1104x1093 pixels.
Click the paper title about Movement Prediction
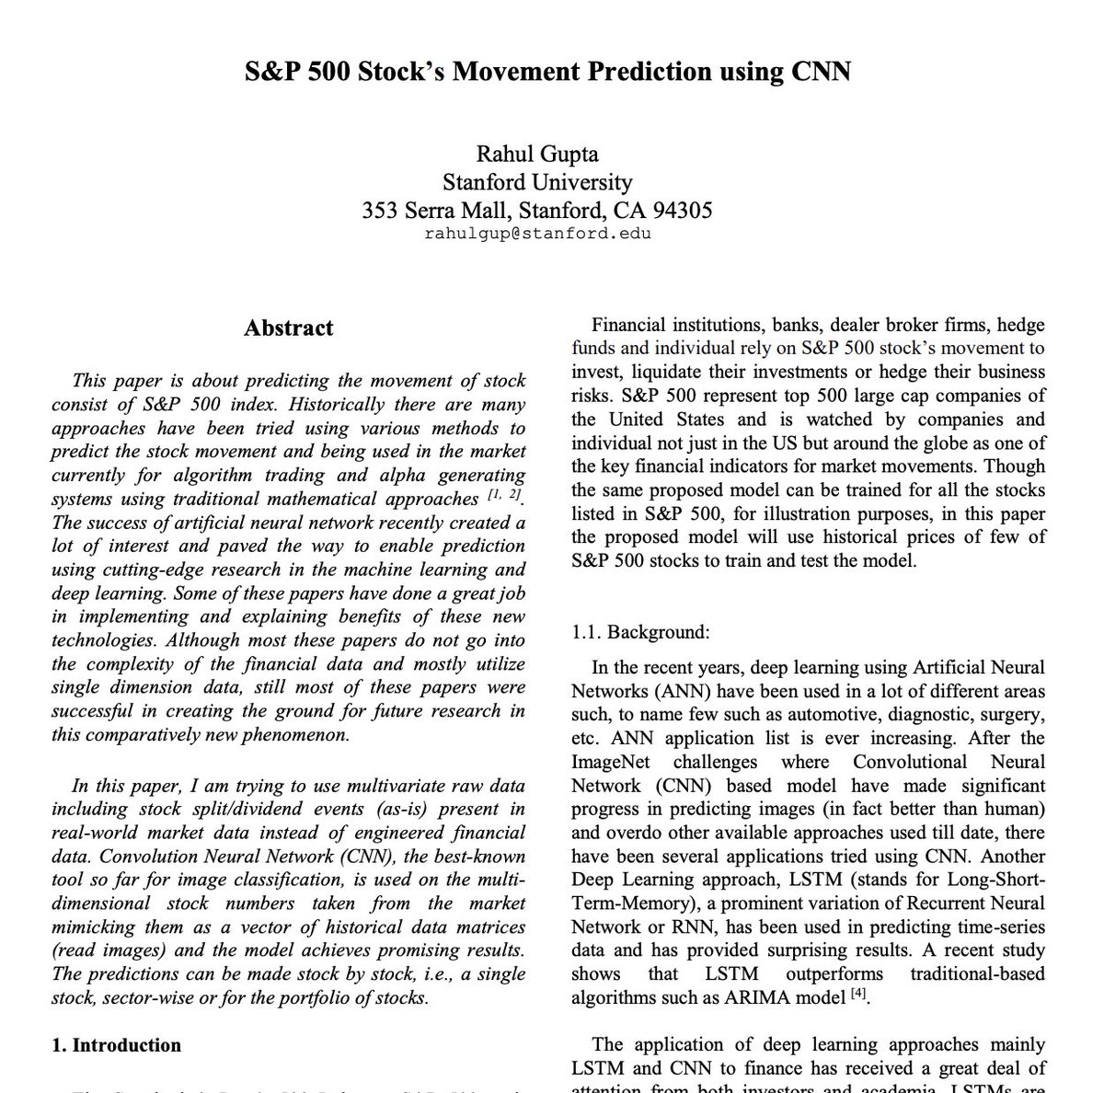tap(547, 71)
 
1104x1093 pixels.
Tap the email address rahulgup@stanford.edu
tap(537, 234)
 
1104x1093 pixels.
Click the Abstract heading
tap(288, 328)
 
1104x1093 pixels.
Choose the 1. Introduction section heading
tap(116, 1045)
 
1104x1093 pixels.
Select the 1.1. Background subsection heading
tap(640, 632)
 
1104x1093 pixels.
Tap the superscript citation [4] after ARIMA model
tap(858, 992)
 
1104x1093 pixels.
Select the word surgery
tap(1010, 714)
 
